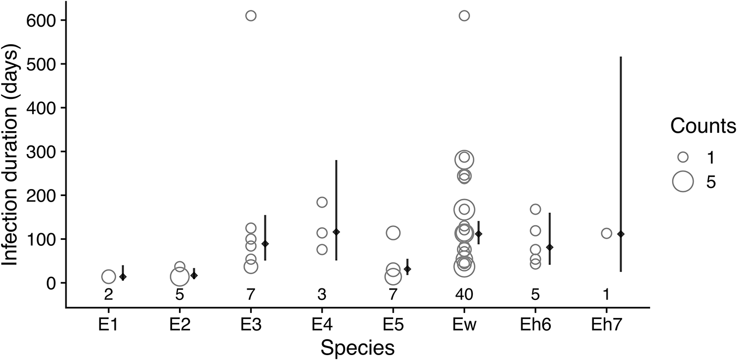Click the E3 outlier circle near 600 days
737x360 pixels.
[x=251, y=15]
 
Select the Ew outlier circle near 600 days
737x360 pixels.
[x=464, y=15]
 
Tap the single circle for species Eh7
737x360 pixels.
[x=607, y=233]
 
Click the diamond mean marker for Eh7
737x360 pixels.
[x=620, y=234]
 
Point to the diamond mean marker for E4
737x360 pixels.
[x=336, y=232]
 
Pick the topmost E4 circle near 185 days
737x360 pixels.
[x=322, y=202]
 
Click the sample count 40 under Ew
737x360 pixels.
[x=464, y=296]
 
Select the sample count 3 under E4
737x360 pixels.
[x=322, y=296]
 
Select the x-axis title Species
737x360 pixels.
[x=358, y=347]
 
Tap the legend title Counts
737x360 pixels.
[x=703, y=126]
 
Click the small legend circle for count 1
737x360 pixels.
[x=682, y=157]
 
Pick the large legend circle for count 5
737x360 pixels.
[x=682, y=181]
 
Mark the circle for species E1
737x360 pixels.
[x=109, y=277]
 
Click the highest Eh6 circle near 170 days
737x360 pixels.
[x=535, y=209]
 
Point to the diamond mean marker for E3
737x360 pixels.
[x=265, y=244]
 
